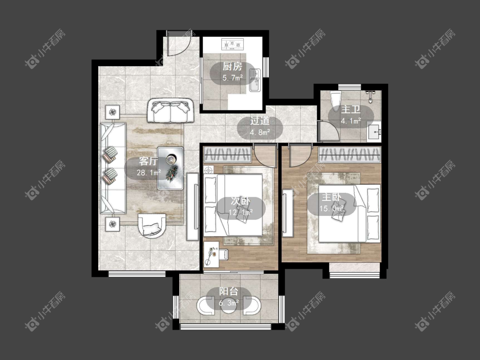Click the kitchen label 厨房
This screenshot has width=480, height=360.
[x=233, y=67]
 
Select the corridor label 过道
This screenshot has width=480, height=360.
[x=260, y=121]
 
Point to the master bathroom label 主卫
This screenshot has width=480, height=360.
[x=351, y=109]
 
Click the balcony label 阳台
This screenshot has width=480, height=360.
[x=229, y=291]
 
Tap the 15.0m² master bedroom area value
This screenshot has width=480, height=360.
[x=332, y=209]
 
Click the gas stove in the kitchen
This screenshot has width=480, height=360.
[x=233, y=44]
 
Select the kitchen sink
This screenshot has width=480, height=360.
[x=255, y=80]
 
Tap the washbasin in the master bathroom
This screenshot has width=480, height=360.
[x=374, y=132]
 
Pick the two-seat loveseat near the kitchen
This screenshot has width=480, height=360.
[x=170, y=110]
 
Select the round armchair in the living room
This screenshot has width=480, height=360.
[x=152, y=226]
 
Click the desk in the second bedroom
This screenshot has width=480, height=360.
[x=211, y=254]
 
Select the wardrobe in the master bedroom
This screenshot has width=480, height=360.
[x=349, y=154]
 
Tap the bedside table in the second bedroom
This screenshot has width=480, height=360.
[x=209, y=170]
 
